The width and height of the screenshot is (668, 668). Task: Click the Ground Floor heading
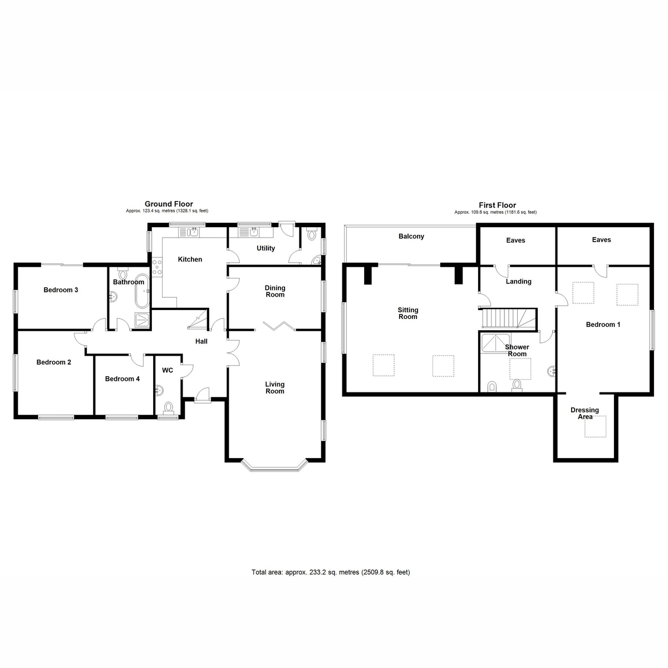pos(169,204)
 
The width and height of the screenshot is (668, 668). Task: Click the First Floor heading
pos(497,205)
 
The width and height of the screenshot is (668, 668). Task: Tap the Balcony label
pos(411,237)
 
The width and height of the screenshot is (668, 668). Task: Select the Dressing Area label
pos(584,413)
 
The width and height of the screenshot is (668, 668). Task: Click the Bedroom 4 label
pos(122,379)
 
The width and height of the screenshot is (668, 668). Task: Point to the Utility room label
pos(266,248)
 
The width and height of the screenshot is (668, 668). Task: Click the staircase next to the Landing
pos(508,318)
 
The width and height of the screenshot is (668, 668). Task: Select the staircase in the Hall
pos(197,320)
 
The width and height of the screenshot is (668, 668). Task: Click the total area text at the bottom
pos(331,572)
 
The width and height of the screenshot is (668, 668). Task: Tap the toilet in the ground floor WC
pos(168,408)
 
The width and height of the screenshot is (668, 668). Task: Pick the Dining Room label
pos(274,291)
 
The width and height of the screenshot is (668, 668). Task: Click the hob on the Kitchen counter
pos(157,268)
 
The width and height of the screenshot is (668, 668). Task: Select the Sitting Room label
pos(407,313)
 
